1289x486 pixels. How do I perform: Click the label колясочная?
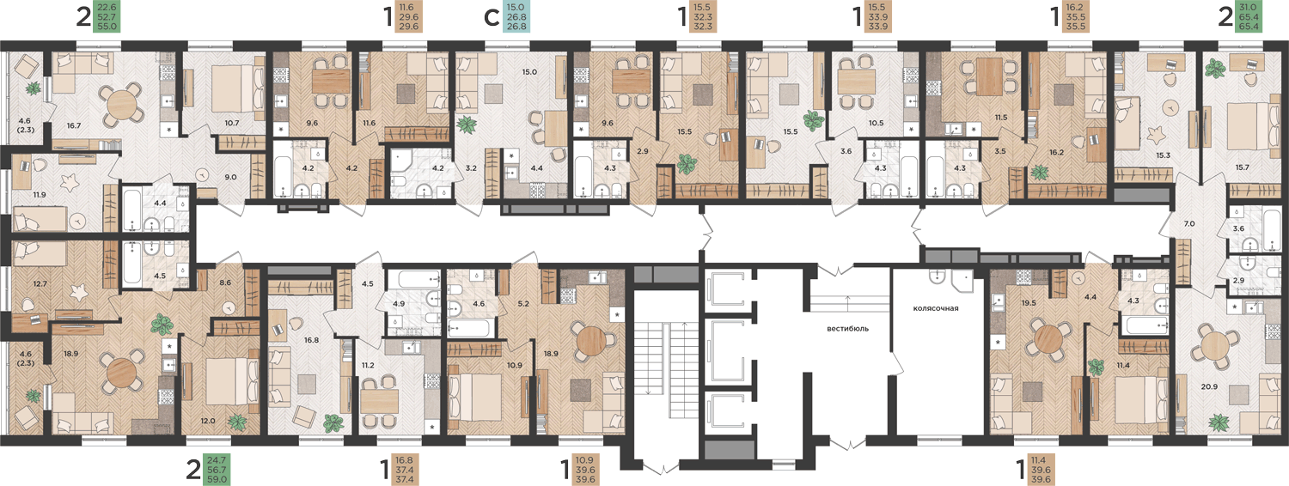(936, 308)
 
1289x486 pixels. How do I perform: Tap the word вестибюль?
(847, 329)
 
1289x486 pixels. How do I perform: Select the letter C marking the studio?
(492, 18)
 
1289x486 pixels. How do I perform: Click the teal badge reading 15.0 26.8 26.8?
(516, 16)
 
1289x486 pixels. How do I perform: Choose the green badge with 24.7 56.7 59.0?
(217, 470)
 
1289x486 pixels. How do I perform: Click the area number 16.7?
(74, 125)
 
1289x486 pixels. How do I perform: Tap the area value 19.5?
(1029, 302)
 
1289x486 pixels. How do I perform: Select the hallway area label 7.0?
(1188, 224)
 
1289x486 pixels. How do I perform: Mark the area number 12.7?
(40, 283)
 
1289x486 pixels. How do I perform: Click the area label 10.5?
(876, 123)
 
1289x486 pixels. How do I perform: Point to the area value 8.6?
(225, 282)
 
